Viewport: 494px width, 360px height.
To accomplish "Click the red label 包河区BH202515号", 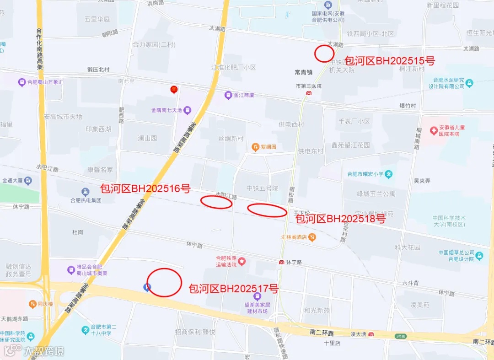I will click(x=389, y=60).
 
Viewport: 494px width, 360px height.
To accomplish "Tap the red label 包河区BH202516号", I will click(x=145, y=188).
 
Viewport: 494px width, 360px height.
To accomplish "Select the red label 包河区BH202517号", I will click(x=234, y=289).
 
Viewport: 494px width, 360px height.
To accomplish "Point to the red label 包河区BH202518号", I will click(x=341, y=219).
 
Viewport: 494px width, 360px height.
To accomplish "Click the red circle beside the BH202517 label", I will click(x=164, y=282).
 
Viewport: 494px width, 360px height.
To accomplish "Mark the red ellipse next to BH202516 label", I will click(x=216, y=202).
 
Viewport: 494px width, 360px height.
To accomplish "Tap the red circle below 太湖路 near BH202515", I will click(x=324, y=54).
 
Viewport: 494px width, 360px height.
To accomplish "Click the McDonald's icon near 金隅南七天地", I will click(x=173, y=89).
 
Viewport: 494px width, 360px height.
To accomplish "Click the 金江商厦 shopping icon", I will click(x=228, y=95).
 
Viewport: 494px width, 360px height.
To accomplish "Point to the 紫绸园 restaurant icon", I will click(x=256, y=147).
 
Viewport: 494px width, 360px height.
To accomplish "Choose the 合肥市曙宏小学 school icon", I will click(x=389, y=174).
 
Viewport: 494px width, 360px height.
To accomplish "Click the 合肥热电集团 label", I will click(x=86, y=200).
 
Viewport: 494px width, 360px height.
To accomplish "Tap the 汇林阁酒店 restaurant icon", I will click(x=311, y=237).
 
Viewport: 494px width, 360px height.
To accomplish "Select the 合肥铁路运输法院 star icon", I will click(x=242, y=261).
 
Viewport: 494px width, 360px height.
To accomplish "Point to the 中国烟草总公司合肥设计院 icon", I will click(x=479, y=255).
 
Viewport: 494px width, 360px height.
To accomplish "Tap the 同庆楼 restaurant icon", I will click(x=32, y=304).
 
